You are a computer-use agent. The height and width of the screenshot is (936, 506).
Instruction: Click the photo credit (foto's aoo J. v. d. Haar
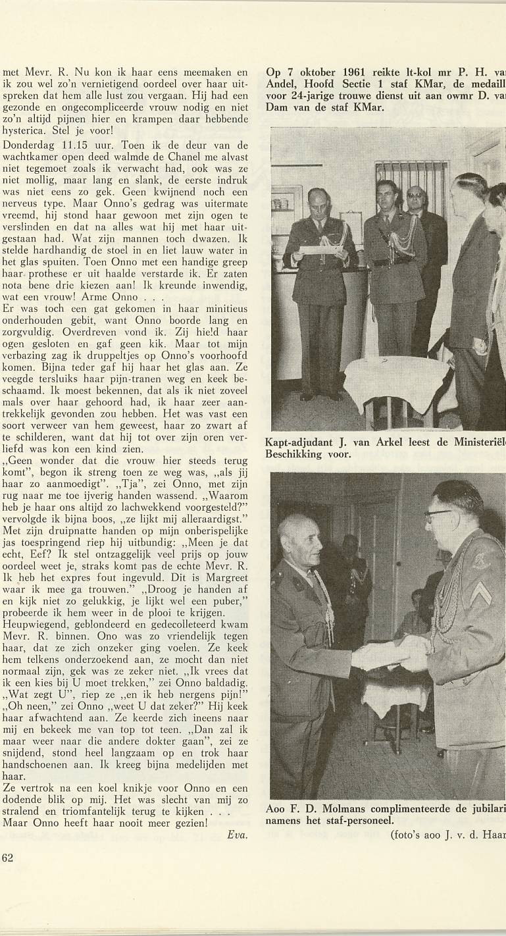point(447,833)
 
